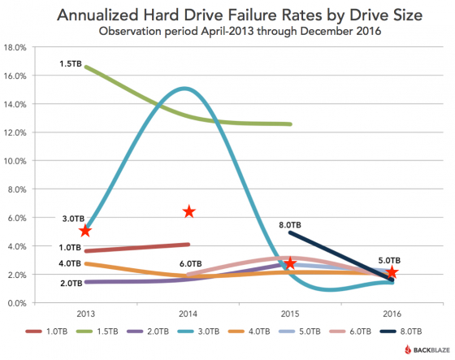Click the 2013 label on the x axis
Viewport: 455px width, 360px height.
coord(85,314)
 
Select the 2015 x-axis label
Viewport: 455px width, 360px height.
coord(290,314)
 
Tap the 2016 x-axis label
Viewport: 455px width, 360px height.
coord(392,314)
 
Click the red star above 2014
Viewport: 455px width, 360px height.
coord(188,211)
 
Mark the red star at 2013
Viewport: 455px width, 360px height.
coord(85,232)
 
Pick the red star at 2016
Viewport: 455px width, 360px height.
coord(392,271)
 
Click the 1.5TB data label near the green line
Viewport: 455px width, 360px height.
coord(71,63)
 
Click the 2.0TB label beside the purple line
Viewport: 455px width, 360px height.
coord(71,283)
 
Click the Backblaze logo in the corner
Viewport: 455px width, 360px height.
coord(420,350)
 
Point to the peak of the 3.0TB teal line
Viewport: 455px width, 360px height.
coord(186,89)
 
